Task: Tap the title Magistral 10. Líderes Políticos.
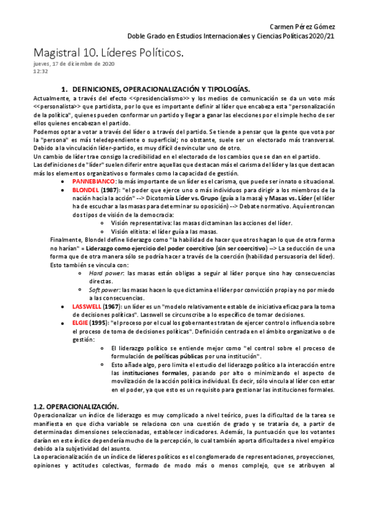tap(108, 54)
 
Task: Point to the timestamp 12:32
tap(39, 71)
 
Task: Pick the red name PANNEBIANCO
tap(93, 182)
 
